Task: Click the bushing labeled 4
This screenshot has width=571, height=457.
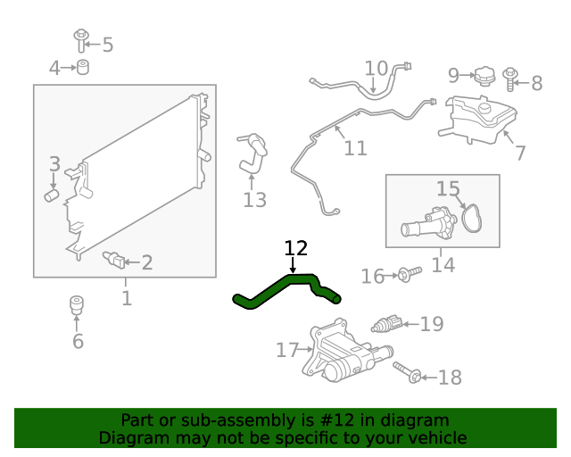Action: tap(84, 68)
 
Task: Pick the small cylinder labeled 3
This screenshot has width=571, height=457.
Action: tap(52, 193)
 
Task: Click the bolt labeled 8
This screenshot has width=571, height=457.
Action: tap(513, 79)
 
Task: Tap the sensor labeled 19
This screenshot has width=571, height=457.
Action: tap(389, 322)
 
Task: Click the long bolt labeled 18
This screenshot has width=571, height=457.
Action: tap(406, 374)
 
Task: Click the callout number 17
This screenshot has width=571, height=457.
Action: tap(286, 350)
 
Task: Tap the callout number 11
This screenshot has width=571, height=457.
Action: tap(355, 147)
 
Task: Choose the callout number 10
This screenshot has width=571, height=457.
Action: tap(376, 68)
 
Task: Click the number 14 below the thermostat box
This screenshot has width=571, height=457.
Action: tap(443, 265)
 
